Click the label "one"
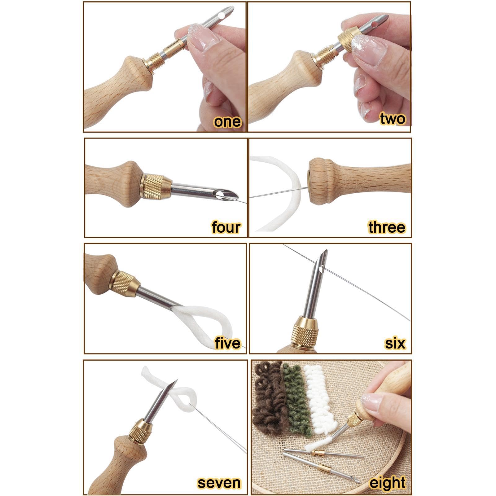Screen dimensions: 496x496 [227, 121]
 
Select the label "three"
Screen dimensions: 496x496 [387, 227]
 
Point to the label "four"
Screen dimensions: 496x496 [226, 227]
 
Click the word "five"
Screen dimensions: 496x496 [228, 343]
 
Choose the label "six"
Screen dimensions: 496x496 [395, 343]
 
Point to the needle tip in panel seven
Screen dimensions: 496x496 [177, 381]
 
